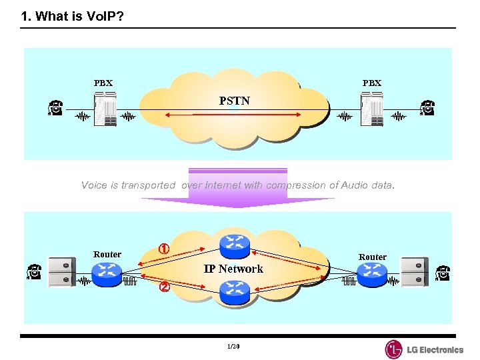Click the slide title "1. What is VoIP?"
pyautogui.click(x=72, y=17)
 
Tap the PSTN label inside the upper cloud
pyautogui.click(x=235, y=101)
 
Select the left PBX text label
pyautogui.click(x=103, y=83)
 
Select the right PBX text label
pyautogui.click(x=372, y=83)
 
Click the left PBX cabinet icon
pyautogui.click(x=105, y=109)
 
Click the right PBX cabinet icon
pyautogui.click(x=371, y=109)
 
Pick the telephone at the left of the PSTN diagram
pyautogui.click(x=55, y=108)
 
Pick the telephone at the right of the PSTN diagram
pyautogui.click(x=427, y=108)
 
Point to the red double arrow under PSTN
pyautogui.click(x=233, y=117)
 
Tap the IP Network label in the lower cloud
pyautogui.click(x=233, y=269)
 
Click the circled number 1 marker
pyautogui.click(x=163, y=248)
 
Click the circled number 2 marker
pyautogui.click(x=163, y=288)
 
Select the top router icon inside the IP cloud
pyautogui.click(x=234, y=245)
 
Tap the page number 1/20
pyautogui.click(x=233, y=347)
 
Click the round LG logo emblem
pyautogui.click(x=394, y=349)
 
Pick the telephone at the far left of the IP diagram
pyautogui.click(x=35, y=272)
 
